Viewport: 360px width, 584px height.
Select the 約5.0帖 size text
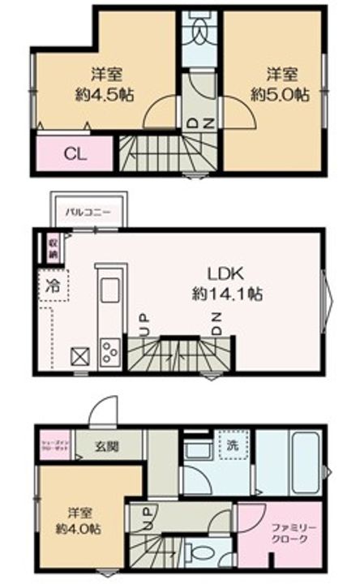pos(279,93)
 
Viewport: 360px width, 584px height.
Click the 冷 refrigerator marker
pos(52,286)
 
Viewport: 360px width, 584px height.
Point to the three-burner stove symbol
pos(109,350)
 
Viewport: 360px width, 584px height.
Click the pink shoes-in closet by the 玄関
pos(58,448)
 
